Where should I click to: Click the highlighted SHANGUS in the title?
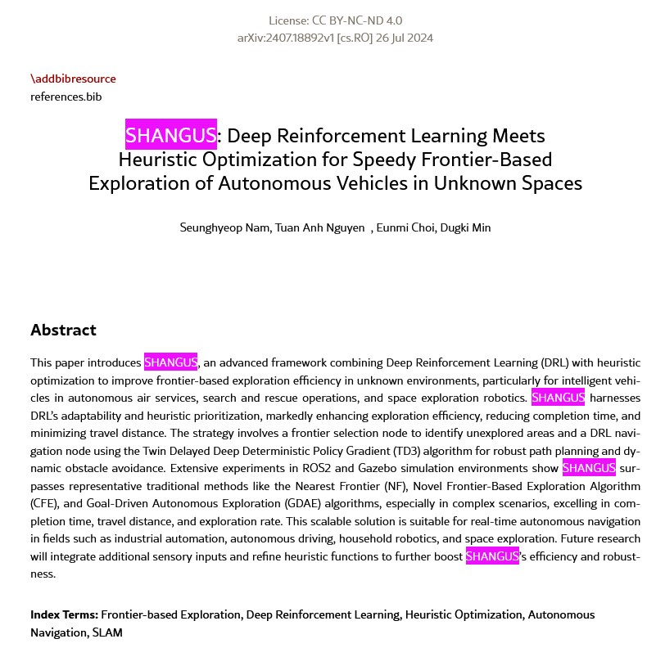click(171, 135)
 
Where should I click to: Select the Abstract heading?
click(63, 330)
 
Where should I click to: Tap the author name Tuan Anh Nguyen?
click(320, 227)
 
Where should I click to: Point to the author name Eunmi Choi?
click(405, 227)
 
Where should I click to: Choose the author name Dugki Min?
click(465, 227)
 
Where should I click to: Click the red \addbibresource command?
click(73, 79)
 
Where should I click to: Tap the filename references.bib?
click(66, 97)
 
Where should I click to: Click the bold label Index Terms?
click(64, 614)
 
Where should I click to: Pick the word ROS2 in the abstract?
click(332, 468)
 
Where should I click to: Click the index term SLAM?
click(106, 632)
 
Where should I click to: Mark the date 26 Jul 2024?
click(404, 38)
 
